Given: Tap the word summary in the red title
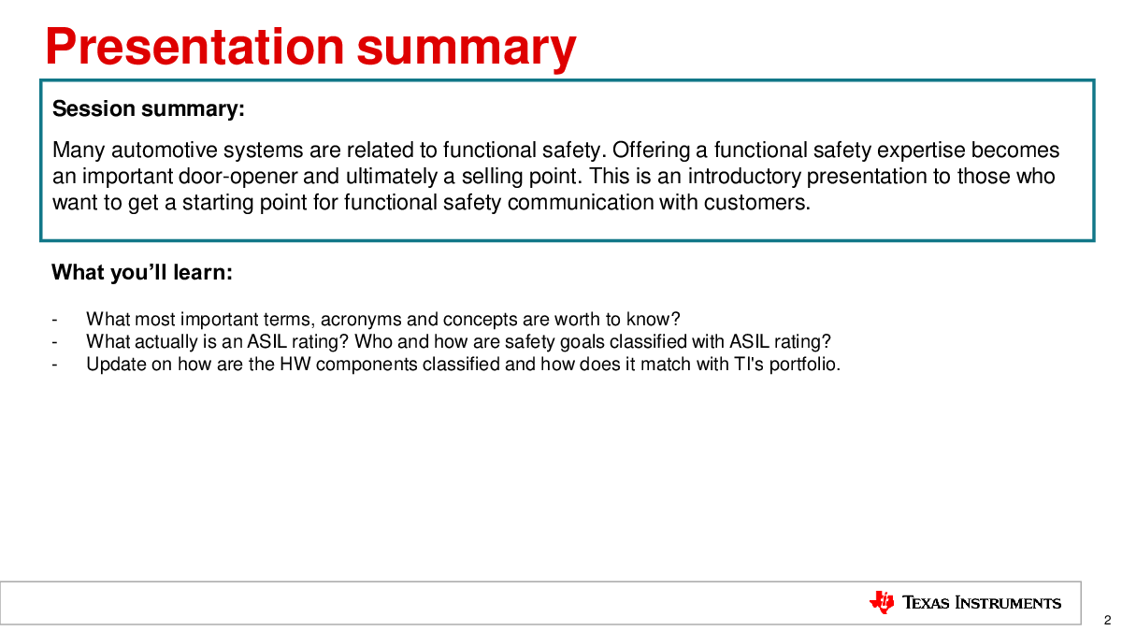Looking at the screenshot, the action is [467, 50].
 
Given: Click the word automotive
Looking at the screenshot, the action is [165, 151].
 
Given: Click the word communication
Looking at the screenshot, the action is [581, 203].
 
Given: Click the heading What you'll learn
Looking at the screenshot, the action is [142, 272].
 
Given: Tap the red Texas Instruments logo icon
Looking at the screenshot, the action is [882, 602].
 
